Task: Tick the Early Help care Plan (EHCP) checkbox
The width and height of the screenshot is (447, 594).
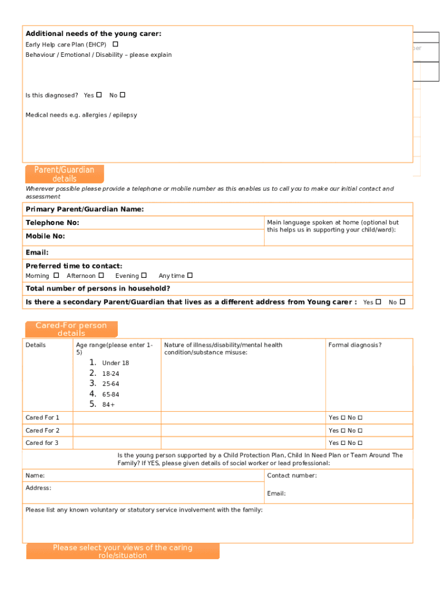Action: [116, 44]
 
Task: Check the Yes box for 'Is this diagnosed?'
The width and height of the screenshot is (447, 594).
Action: [99, 95]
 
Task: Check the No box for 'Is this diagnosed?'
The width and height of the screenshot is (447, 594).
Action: [122, 95]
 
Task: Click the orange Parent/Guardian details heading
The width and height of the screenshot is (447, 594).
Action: [64, 174]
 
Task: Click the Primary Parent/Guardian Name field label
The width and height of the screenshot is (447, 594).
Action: [85, 209]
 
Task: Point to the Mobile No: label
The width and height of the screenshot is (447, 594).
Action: [45, 236]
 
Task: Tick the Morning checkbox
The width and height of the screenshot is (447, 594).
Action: [56, 276]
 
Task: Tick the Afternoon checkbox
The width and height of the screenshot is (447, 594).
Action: [101, 276]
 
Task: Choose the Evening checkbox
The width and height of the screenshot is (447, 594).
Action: [144, 276]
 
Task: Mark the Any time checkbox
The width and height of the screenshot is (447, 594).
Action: [190, 276]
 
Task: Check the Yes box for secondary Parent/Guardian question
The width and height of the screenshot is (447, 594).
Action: [378, 302]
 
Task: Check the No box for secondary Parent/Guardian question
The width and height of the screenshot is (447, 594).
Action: [402, 302]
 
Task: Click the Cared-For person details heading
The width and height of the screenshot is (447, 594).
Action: [71, 329]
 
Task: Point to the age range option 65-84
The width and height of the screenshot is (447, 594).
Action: [110, 394]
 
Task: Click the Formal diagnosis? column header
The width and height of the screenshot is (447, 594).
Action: [355, 345]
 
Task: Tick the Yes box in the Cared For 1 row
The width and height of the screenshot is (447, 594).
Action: [343, 418]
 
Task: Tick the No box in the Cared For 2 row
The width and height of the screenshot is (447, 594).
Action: [360, 430]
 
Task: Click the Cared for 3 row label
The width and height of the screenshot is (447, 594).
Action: [42, 443]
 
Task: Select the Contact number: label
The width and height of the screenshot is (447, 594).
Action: [292, 476]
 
